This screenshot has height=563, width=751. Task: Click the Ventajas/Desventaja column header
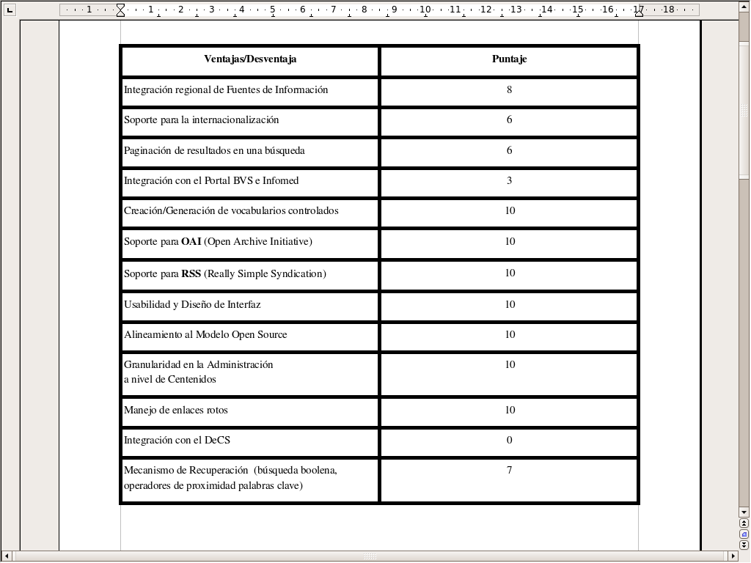[x=250, y=59]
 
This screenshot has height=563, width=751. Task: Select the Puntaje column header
[x=509, y=59]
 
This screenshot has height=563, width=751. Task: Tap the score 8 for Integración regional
[x=509, y=90]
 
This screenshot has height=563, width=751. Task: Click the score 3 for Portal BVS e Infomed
[x=509, y=180]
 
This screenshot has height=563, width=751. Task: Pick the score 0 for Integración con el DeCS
[x=509, y=440]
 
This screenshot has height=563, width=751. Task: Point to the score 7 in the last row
[x=509, y=470]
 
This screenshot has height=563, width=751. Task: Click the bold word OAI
[x=191, y=242]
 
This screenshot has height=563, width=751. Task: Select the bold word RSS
[x=191, y=274]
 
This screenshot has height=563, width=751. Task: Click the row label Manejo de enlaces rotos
[x=175, y=411]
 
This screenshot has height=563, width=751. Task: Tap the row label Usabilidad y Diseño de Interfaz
[x=192, y=305]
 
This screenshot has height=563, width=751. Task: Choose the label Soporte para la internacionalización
[x=201, y=120]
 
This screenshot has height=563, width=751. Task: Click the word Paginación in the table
[x=148, y=151]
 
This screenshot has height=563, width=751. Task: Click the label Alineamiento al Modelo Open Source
[x=205, y=335]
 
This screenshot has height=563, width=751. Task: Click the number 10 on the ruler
[x=425, y=10]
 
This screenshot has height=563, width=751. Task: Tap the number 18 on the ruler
[x=668, y=10]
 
